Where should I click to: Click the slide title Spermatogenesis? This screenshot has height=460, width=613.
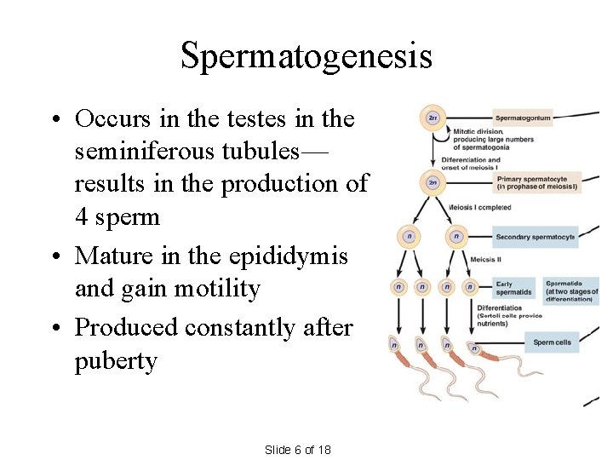(x=306, y=57)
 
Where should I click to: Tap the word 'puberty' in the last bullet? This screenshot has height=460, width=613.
(x=116, y=361)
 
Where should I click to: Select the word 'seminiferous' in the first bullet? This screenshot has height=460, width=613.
(x=141, y=152)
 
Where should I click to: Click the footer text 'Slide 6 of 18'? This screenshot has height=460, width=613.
(x=298, y=450)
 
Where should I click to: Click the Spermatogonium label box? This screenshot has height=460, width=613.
(x=524, y=118)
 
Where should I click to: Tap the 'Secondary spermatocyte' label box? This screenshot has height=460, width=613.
(x=536, y=237)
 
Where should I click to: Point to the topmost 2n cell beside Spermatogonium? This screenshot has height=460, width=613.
(x=433, y=118)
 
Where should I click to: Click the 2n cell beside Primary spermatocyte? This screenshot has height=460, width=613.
(x=433, y=181)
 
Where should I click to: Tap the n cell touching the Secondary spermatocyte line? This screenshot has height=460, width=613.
(x=457, y=237)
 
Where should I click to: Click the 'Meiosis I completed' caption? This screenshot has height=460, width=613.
(x=479, y=207)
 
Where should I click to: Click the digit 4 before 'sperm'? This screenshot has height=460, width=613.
(x=82, y=217)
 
